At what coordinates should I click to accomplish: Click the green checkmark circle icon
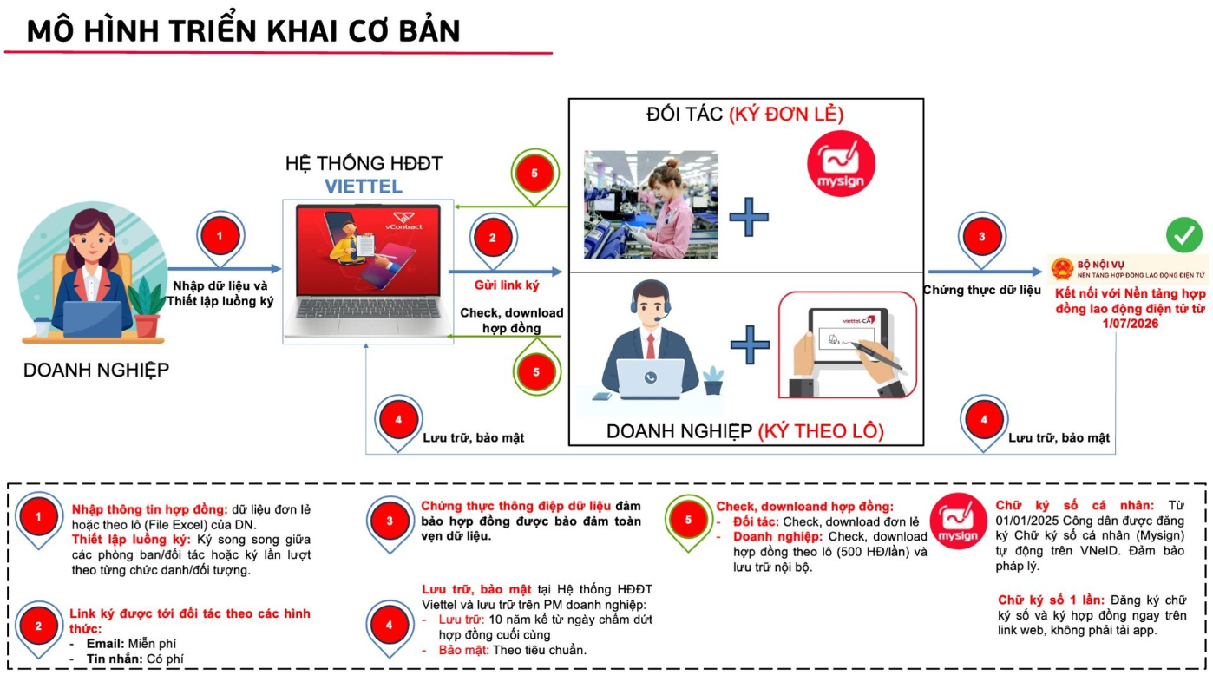[x=1183, y=234]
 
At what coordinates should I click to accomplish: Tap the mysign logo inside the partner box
[x=841, y=164]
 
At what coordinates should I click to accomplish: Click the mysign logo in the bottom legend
[x=958, y=521]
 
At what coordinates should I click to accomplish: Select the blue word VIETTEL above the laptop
[x=364, y=187]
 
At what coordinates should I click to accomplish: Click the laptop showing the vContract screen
[x=368, y=271]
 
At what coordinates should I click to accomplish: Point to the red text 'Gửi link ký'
[x=507, y=285]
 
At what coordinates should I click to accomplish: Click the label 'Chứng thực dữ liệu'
[x=982, y=290]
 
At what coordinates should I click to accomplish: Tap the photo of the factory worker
[x=651, y=205]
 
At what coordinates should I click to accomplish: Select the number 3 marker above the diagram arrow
[x=982, y=237]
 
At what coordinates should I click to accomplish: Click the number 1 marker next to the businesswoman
[x=220, y=236]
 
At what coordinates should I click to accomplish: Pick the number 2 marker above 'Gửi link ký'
[x=493, y=237]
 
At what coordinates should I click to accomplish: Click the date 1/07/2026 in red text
[x=1131, y=324]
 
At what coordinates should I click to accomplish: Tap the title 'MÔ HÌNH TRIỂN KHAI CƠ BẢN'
[x=243, y=30]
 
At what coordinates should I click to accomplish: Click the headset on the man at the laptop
[x=650, y=300]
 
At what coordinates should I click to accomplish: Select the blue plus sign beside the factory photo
[x=749, y=217]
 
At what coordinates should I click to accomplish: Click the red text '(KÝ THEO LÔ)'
[x=821, y=431]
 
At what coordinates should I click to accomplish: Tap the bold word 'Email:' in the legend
[x=106, y=644]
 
